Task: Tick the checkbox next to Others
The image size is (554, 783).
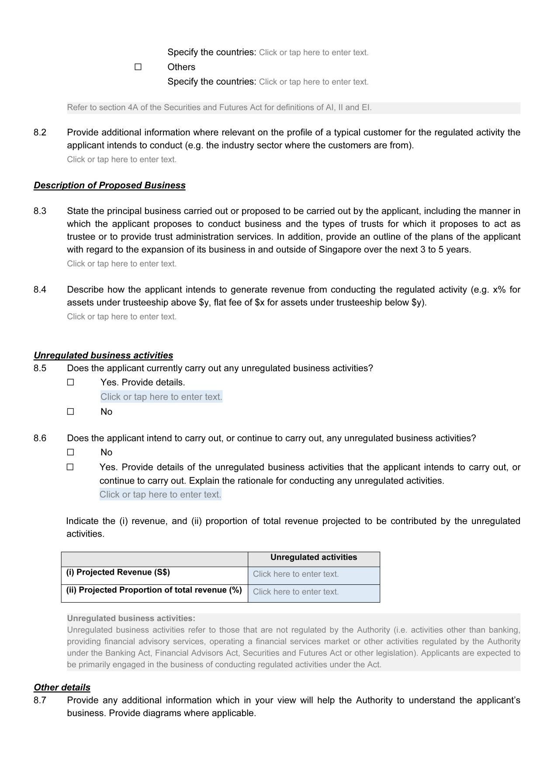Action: point(138,67)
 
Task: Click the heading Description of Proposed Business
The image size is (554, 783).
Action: point(110,185)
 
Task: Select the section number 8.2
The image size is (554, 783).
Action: point(40,132)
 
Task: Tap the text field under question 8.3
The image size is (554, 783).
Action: point(122,264)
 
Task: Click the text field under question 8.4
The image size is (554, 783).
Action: point(122,317)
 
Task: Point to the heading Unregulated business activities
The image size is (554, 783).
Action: point(103,355)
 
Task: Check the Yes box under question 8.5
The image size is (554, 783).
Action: point(71,382)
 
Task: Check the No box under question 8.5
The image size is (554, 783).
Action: point(71,411)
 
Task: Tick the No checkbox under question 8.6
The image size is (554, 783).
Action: point(71,452)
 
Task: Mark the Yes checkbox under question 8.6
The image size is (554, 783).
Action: point(70,467)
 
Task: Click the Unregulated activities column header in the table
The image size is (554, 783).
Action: point(313,557)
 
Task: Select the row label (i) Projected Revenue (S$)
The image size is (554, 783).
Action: point(118,572)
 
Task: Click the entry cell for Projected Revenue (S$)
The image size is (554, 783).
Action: point(313,574)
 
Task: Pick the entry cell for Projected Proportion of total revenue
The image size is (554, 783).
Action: point(313,592)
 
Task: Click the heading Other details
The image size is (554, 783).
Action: point(62,687)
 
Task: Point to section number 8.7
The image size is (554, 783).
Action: point(40,700)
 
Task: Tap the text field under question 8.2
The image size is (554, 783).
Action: point(122,159)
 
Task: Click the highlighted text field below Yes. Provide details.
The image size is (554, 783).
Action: point(161,397)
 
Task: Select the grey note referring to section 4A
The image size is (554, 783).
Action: point(219,107)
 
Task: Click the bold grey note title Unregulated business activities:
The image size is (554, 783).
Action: point(131,618)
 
